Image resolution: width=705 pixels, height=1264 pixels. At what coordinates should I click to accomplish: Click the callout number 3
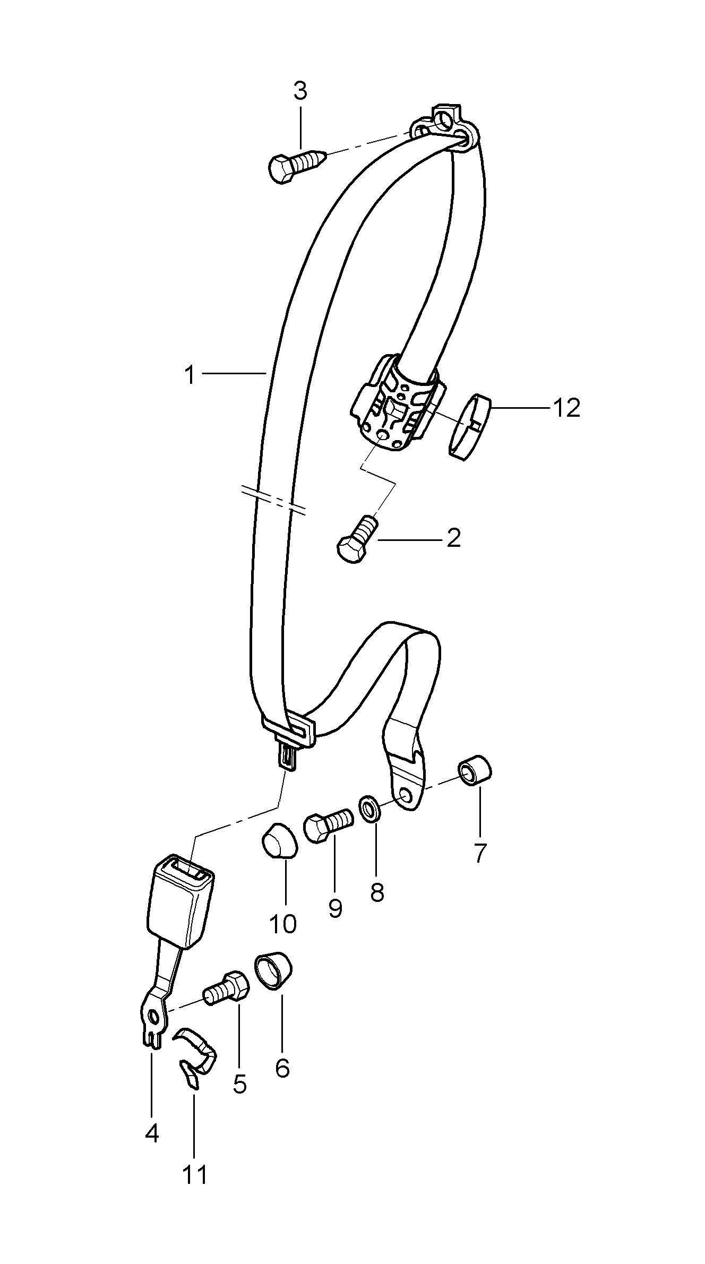[300, 91]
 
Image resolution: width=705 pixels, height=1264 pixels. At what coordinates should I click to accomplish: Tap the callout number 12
[566, 408]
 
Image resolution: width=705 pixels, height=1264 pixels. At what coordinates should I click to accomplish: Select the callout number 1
[190, 375]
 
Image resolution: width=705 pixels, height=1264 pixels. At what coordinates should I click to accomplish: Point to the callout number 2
[453, 539]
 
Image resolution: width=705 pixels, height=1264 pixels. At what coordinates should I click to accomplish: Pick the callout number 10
[282, 924]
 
